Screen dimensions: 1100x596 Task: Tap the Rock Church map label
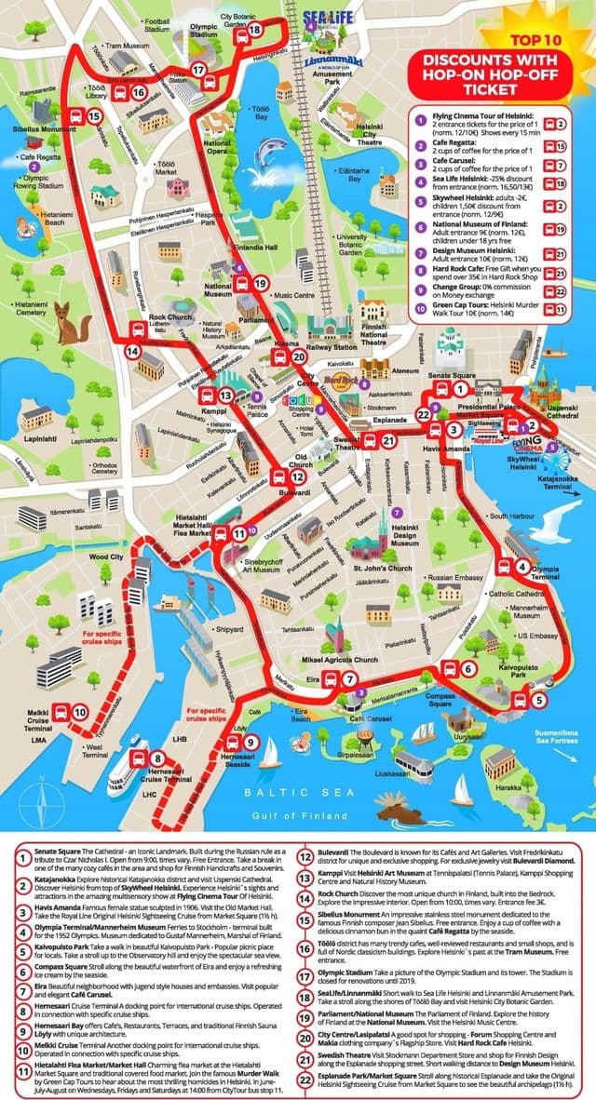(169, 303)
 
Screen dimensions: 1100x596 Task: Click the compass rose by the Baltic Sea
(36, 798)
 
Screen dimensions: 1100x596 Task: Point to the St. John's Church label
(382, 568)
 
